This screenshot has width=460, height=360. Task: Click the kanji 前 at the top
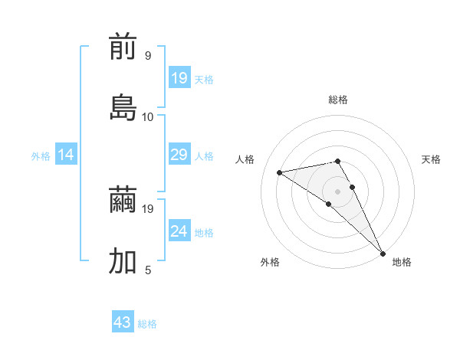click(123, 48)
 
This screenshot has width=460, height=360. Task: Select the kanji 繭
click(123, 201)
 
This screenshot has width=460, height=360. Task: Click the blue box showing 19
click(179, 78)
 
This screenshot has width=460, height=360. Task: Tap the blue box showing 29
click(179, 155)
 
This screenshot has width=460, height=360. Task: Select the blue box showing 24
click(179, 231)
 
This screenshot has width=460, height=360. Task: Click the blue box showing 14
click(66, 155)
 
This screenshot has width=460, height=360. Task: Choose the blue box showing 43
click(123, 322)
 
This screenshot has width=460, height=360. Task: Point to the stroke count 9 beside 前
click(148, 56)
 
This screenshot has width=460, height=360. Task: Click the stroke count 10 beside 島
click(148, 116)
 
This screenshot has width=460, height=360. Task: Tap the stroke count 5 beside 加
click(148, 270)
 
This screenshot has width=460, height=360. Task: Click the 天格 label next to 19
click(204, 79)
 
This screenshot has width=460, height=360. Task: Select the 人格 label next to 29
click(204, 156)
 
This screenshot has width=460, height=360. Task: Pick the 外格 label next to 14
click(41, 156)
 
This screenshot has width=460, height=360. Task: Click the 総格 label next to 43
click(147, 323)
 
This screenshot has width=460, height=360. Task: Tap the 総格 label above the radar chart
click(338, 100)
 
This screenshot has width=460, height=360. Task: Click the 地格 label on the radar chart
click(402, 262)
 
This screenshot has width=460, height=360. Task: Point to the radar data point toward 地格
click(383, 252)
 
